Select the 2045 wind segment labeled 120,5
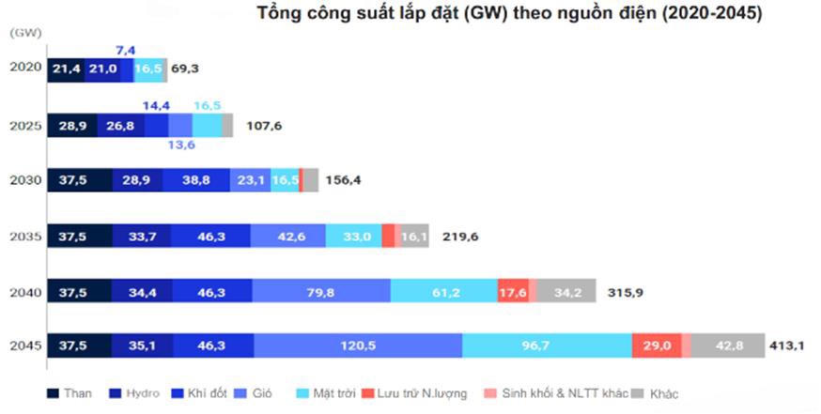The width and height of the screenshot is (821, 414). [358, 346]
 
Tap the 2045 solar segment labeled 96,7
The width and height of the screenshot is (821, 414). [547, 346]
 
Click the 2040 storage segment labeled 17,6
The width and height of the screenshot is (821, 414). [513, 292]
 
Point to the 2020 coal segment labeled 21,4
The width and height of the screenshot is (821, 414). [66, 69]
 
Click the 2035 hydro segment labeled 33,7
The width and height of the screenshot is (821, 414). [141, 237]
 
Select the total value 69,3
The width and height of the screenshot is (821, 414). [186, 69]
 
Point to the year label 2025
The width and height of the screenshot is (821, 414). [24, 125]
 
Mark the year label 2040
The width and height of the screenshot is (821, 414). [24, 292]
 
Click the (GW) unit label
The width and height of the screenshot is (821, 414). [24, 32]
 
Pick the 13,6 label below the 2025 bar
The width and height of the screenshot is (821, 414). [182, 145]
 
